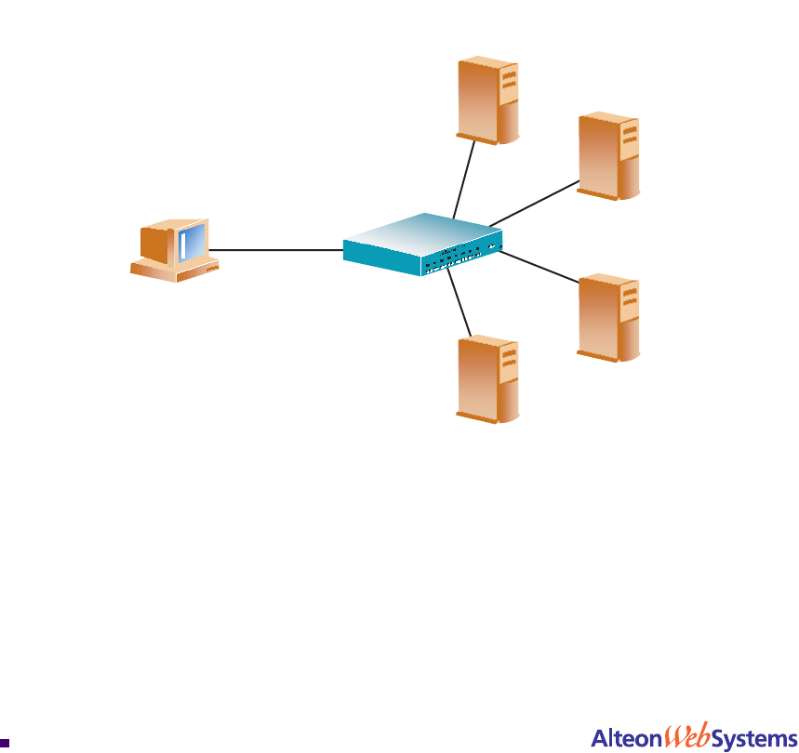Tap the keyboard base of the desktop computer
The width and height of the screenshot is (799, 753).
pos(174,271)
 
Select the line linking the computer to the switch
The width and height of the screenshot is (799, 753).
pos(276,249)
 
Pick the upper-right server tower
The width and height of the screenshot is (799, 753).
pos(608,155)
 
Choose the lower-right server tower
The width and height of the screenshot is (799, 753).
pos(608,316)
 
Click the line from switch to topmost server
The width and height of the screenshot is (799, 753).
pos(464,180)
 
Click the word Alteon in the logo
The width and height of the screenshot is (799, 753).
pos(626,738)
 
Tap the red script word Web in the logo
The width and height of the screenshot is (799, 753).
pos(686,735)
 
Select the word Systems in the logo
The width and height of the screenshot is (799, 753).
pos(754,738)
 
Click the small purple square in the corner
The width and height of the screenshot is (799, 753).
pos(5,743)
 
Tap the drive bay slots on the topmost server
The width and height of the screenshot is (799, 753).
pos(508,81)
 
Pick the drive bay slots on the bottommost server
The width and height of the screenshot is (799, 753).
pos(508,362)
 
